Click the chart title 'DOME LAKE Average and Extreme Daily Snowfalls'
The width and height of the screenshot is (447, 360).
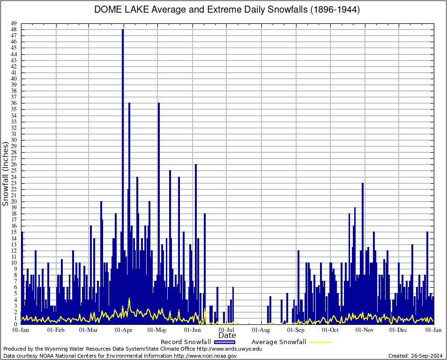[227, 10]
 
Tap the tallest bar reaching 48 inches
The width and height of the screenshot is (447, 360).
[123, 141]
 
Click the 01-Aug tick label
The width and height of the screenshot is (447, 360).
[261, 330]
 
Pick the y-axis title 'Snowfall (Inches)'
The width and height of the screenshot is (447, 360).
[6, 174]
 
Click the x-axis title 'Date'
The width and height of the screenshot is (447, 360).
[227, 336]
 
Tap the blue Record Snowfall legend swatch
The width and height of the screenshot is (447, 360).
[225, 342]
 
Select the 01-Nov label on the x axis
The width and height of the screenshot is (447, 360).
[365, 330]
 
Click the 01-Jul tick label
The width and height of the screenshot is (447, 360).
[227, 330]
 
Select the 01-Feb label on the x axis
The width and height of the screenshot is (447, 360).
[56, 330]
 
